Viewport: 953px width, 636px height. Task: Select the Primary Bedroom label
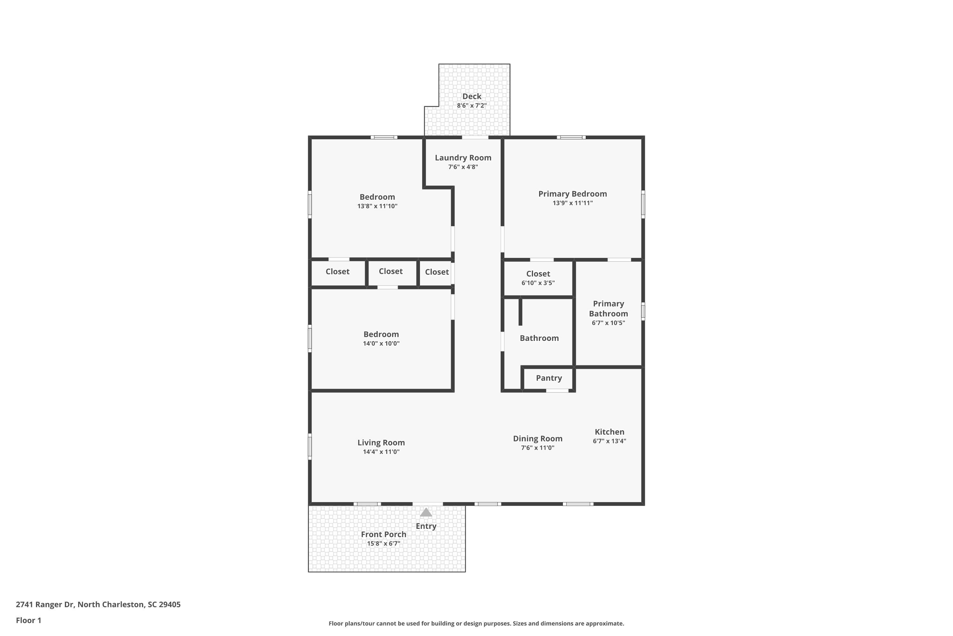point(572,194)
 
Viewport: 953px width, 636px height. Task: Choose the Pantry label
point(549,378)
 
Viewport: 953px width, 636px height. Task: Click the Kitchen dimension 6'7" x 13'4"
point(609,441)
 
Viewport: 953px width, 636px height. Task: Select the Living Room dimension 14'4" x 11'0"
point(381,452)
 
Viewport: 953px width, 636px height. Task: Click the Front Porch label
point(383,534)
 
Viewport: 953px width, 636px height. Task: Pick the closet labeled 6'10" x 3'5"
point(538,278)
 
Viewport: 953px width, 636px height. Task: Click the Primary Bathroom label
point(608,309)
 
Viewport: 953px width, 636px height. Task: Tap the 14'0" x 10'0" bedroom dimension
point(381,343)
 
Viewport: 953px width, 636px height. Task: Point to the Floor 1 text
point(28,620)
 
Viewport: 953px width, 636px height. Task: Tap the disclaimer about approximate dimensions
point(476,623)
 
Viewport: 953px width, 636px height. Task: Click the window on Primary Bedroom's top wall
point(571,137)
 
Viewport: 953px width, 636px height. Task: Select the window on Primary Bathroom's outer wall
point(643,311)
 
